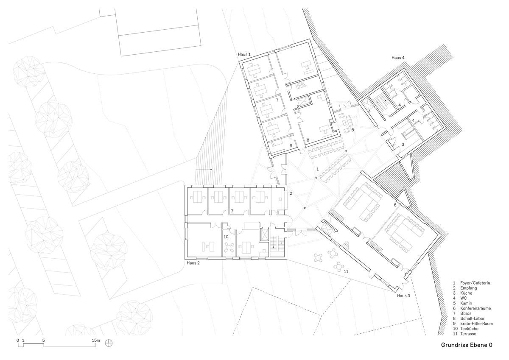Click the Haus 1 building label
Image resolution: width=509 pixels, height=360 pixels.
pyautogui.click(x=244, y=55)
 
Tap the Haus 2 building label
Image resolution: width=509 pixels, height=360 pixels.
pyautogui.click(x=193, y=263)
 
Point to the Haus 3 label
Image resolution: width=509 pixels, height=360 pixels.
pyautogui.click(x=403, y=296)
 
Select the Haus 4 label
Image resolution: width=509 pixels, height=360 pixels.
pyautogui.click(x=398, y=58)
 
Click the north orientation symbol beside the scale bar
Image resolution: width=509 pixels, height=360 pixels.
pyautogui.click(x=109, y=343)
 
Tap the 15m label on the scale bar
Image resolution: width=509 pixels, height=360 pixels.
pyautogui.click(x=96, y=340)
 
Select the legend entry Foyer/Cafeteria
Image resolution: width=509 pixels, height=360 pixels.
pyautogui.click(x=475, y=283)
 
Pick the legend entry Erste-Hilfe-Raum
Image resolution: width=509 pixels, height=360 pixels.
pyautogui.click(x=476, y=324)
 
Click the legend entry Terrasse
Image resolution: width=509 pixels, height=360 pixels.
pyautogui.click(x=468, y=334)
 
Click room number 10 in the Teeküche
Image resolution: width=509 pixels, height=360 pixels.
pyautogui.click(x=226, y=237)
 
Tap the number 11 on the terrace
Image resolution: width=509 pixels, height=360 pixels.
pyautogui.click(x=346, y=271)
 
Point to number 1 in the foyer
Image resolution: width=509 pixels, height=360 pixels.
pyautogui.click(x=317, y=169)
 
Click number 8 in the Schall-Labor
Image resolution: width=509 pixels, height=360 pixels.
pyautogui.click(x=308, y=140)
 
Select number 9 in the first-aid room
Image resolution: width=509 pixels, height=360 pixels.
pyautogui.click(x=291, y=146)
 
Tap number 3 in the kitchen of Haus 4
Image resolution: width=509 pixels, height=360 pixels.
pyautogui.click(x=403, y=144)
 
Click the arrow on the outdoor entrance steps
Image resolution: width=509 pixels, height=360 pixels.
pyautogui.click(x=204, y=170)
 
